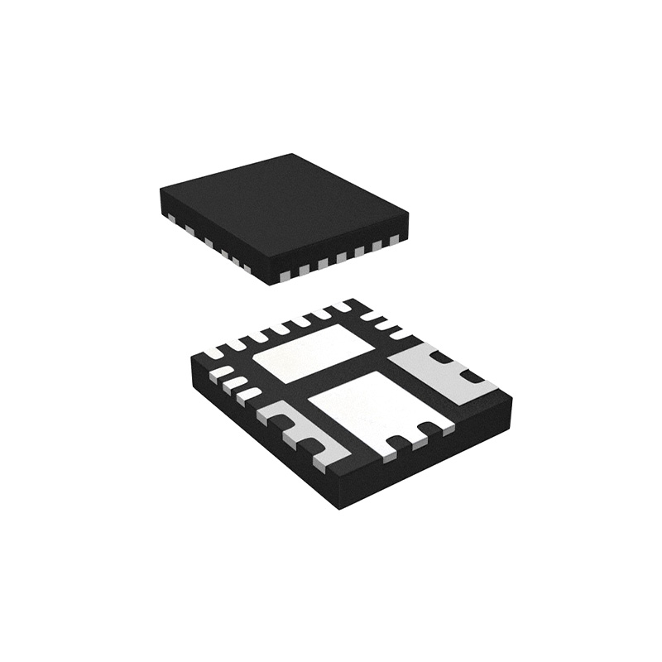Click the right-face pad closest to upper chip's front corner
285,274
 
